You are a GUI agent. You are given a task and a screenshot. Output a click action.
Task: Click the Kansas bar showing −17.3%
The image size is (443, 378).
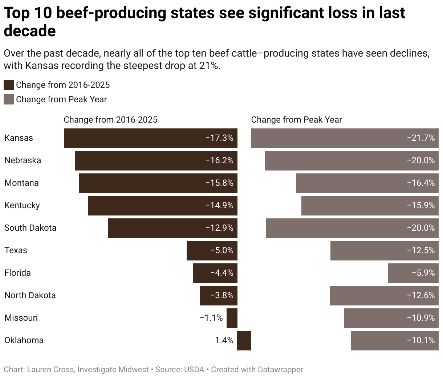pos(150,138)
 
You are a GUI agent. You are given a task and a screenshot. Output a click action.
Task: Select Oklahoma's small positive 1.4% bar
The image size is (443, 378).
pos(244,341)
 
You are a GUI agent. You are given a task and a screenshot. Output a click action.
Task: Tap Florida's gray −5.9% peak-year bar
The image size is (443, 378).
pos(413,273)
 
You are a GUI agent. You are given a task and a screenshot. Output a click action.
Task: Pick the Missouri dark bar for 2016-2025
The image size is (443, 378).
pos(232,318)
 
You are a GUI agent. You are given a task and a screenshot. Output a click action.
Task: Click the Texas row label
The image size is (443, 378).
pos(16,251)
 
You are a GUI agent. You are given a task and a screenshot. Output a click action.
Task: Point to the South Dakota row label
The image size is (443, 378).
pos(31,228)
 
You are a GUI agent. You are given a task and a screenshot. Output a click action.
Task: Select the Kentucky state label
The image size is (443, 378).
pos(22,206)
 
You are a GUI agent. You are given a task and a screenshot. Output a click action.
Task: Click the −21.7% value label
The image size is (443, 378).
pos(421,138)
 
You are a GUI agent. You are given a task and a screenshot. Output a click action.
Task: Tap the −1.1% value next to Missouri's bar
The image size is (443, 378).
pos(211,318)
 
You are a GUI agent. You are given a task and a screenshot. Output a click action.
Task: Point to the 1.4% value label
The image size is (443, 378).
pos(224,341)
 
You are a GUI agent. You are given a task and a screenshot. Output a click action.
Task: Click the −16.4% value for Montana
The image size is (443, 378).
pos(421,183)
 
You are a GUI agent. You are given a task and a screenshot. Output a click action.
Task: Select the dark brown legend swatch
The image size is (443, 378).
pos(9,85)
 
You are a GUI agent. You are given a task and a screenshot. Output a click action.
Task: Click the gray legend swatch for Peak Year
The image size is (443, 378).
pos(9,100)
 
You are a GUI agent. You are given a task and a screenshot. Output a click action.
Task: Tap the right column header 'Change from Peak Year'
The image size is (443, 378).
pos(296,120)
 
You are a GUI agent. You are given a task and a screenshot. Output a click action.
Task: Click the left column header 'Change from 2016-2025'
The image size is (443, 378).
pos(110,120)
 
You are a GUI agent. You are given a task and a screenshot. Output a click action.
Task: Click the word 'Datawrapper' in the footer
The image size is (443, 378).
pos(280,370)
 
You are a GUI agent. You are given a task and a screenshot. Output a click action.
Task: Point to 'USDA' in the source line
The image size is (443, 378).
pos(194,370)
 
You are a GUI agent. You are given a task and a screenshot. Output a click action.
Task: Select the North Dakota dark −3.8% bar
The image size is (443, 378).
pos(218,296)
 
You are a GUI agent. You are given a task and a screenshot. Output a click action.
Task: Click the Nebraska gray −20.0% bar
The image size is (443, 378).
pos(351,161)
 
